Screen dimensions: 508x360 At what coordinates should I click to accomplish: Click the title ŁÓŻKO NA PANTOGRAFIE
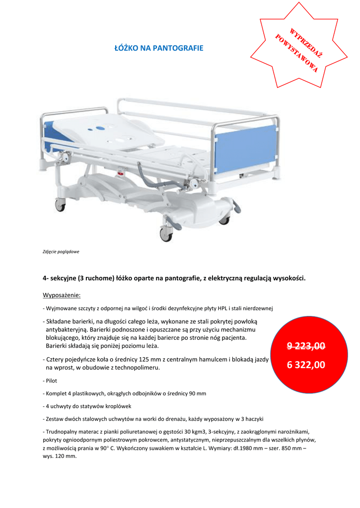coord(159,48)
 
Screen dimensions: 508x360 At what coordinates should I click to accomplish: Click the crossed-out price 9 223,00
coord(306,346)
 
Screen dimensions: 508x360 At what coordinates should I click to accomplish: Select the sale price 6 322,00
coord(306,365)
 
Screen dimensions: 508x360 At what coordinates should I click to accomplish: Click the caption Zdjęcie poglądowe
coord(61,252)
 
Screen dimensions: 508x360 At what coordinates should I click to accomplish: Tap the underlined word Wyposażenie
coord(62,296)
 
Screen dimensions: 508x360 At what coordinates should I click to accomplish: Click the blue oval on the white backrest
coord(101,128)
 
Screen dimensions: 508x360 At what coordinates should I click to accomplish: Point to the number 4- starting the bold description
coord(46,278)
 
